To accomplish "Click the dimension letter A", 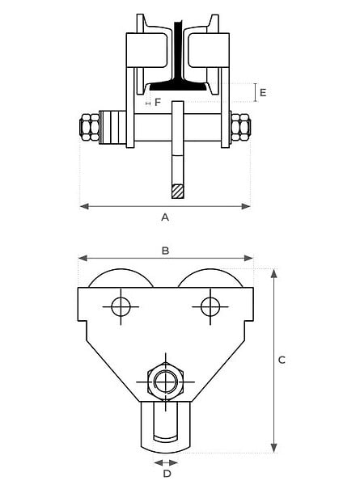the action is point(165,217).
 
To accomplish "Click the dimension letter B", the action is point(166,251).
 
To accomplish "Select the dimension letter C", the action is point(282,360).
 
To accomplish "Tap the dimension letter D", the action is point(167,474).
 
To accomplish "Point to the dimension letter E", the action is point(263,92).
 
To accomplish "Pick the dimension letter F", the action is point(158,103).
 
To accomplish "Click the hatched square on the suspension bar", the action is point(178,191).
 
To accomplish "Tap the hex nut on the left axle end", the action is point(90,127).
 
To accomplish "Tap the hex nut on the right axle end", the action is point(241,127).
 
